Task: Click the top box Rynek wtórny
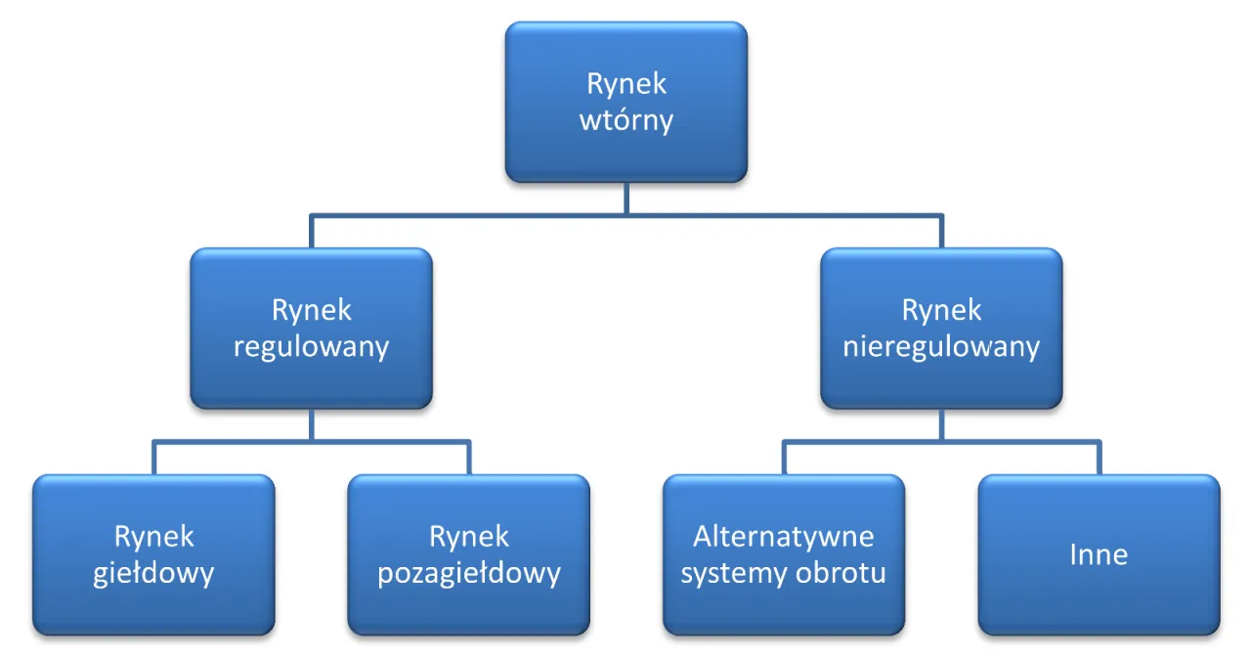tap(625, 102)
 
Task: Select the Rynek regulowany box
tap(311, 329)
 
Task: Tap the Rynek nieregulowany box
tap(941, 329)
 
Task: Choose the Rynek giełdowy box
tap(153, 554)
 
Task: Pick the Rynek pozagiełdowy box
tap(468, 554)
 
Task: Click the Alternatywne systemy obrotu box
tap(783, 554)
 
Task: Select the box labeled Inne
tap(1099, 554)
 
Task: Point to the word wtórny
tap(626, 121)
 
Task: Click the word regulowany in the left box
tap(311, 347)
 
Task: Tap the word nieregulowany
tap(941, 347)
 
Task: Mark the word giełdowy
tap(153, 573)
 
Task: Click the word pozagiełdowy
tap(468, 573)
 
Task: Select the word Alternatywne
tap(783, 537)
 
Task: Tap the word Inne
tap(1099, 555)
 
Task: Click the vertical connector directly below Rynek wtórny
tap(626, 198)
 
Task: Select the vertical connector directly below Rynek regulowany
tap(311, 424)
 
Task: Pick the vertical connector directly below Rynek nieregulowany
tap(941, 424)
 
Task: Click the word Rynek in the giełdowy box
tap(153, 537)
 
